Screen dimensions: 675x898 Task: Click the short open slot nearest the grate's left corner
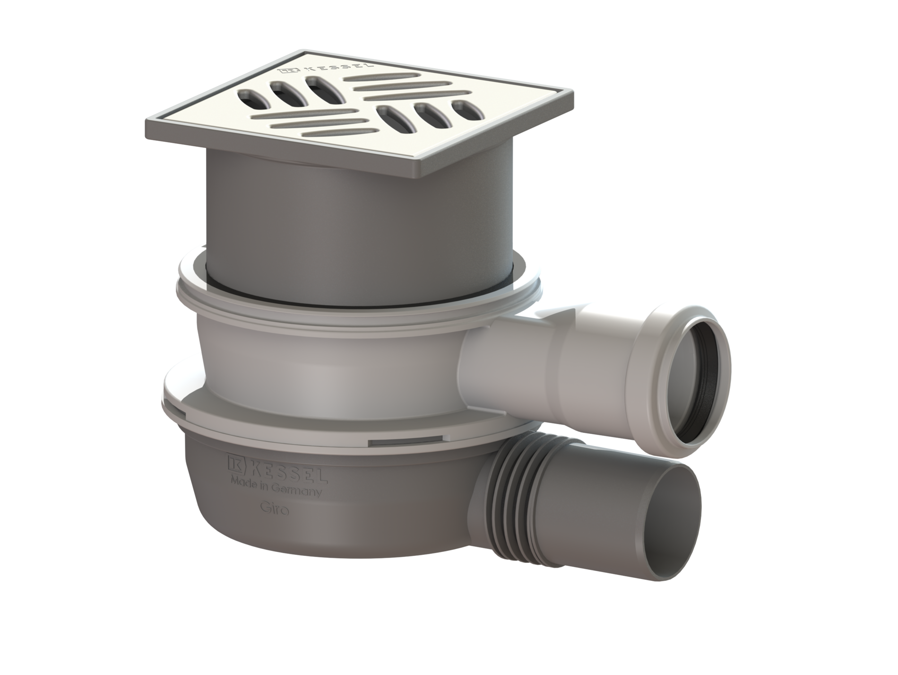tap(250, 96)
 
